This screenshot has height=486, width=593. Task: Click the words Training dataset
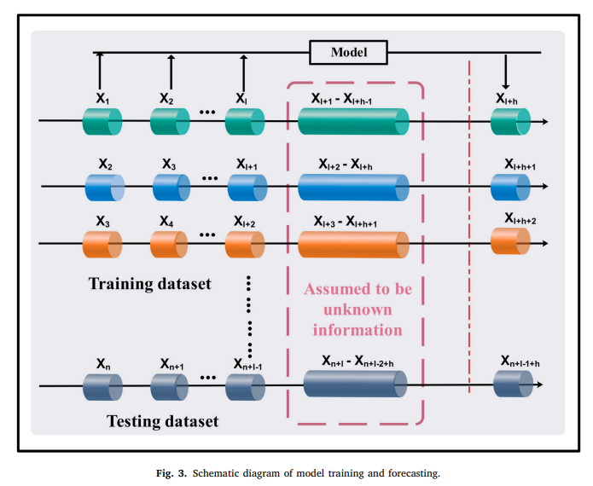point(149,283)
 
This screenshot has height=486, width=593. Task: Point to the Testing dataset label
point(162,421)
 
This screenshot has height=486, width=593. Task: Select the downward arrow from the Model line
point(505,72)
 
